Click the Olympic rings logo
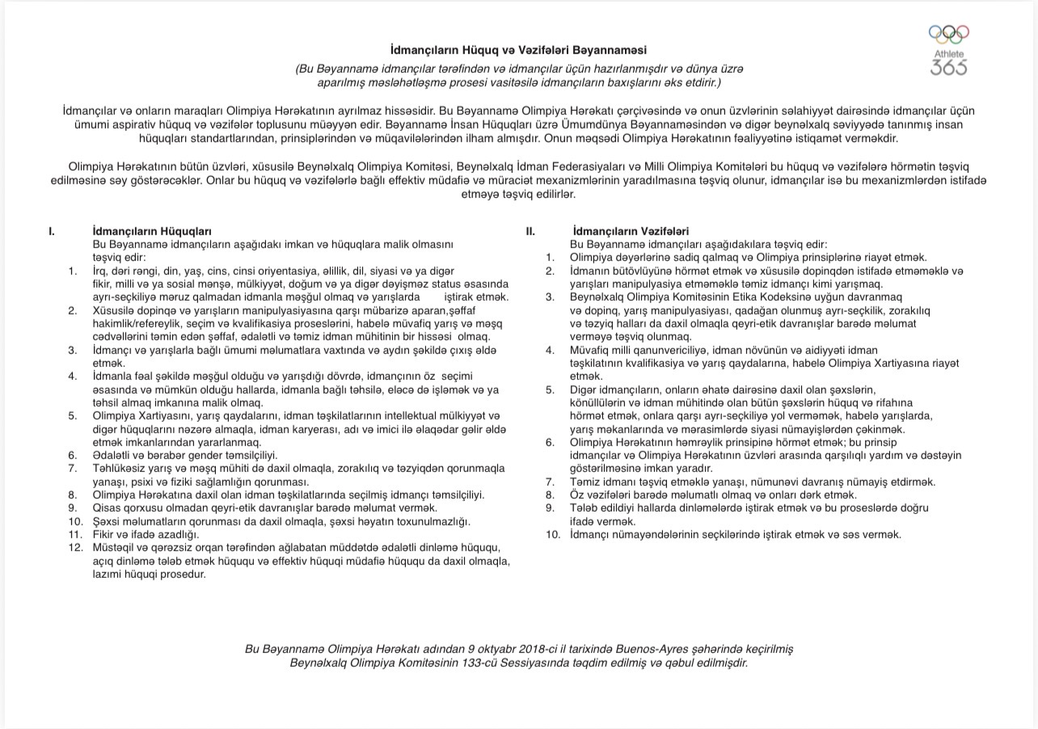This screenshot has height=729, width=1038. point(948,35)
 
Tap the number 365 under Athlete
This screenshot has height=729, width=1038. point(948,67)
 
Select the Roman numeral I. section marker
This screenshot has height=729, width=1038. point(52,231)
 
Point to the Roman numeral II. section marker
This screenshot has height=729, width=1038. point(530,231)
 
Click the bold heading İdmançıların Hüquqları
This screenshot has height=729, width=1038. point(153,231)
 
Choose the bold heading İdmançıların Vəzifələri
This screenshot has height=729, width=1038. point(631,231)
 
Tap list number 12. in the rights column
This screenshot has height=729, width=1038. point(75,547)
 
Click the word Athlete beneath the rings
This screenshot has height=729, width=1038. point(949,54)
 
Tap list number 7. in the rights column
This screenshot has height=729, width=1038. point(73,468)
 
